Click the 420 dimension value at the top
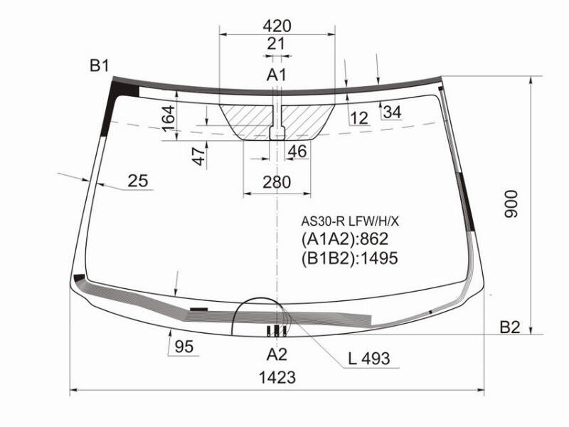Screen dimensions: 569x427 coord(277,26)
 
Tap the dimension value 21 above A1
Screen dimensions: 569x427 coord(276,43)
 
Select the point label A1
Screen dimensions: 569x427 coord(277,75)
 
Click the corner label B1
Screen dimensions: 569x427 coord(99,65)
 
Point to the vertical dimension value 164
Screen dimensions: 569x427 coord(168,119)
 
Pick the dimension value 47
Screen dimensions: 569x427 coord(199,156)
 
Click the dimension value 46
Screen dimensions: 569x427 coord(297,152)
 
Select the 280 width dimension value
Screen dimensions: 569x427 coord(277,182)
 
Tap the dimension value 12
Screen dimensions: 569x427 coord(359,118)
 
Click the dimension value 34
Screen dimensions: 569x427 coord(393,112)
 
